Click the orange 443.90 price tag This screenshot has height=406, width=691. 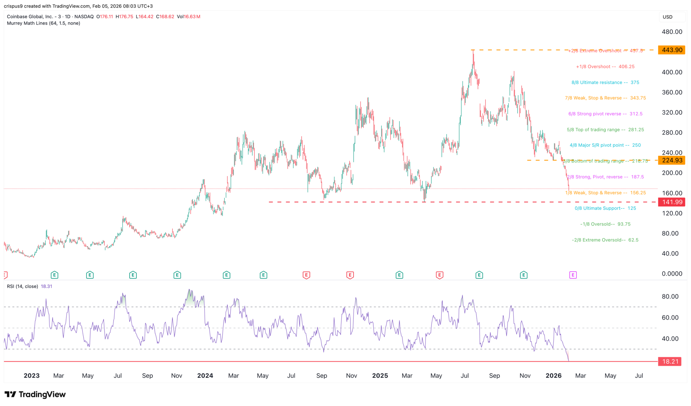672,50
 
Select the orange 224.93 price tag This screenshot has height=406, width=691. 672,160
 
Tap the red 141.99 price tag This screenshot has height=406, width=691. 672,202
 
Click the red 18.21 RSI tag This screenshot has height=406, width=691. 670,361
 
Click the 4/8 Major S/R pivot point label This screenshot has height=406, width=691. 605,145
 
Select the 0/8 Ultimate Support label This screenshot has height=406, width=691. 605,208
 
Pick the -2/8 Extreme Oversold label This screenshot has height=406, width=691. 605,240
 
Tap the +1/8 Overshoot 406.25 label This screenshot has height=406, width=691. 605,67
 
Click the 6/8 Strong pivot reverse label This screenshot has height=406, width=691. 605,114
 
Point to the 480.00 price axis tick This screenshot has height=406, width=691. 672,32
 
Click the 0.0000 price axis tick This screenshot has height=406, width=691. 672,274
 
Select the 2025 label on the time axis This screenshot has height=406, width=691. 380,376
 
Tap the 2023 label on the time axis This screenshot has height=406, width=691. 31,376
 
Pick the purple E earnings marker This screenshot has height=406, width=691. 573,275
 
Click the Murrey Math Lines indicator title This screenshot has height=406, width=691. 44,23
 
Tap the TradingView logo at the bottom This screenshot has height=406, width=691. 35,394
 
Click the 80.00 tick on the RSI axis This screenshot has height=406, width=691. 670,297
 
